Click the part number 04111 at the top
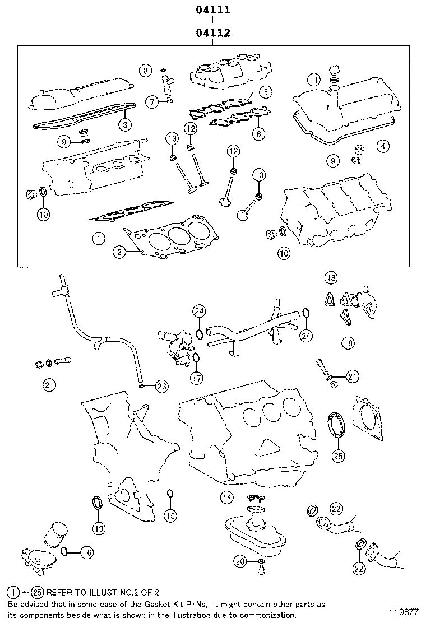pyautogui.click(x=213, y=10)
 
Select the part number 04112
pyautogui.click(x=213, y=34)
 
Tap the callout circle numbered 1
pyautogui.click(x=98, y=238)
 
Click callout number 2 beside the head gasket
pyautogui.click(x=119, y=253)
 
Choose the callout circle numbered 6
pyautogui.click(x=258, y=134)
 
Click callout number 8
pyautogui.click(x=146, y=71)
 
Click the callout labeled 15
pyautogui.click(x=170, y=514)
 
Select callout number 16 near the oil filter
pyautogui.click(x=86, y=552)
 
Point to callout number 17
pyautogui.click(x=196, y=378)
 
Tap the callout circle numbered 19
pyautogui.click(x=98, y=527)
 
